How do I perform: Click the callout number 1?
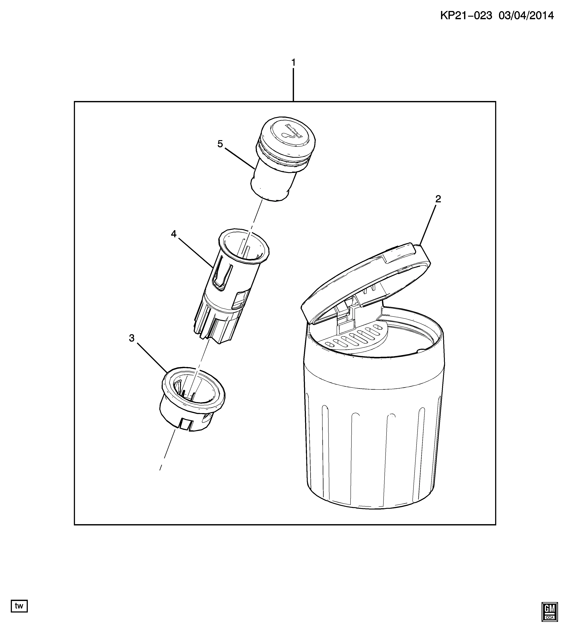click(x=293, y=63)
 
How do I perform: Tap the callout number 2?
click(x=438, y=199)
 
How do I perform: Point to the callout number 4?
click(x=174, y=234)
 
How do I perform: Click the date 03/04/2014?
click(x=526, y=15)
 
